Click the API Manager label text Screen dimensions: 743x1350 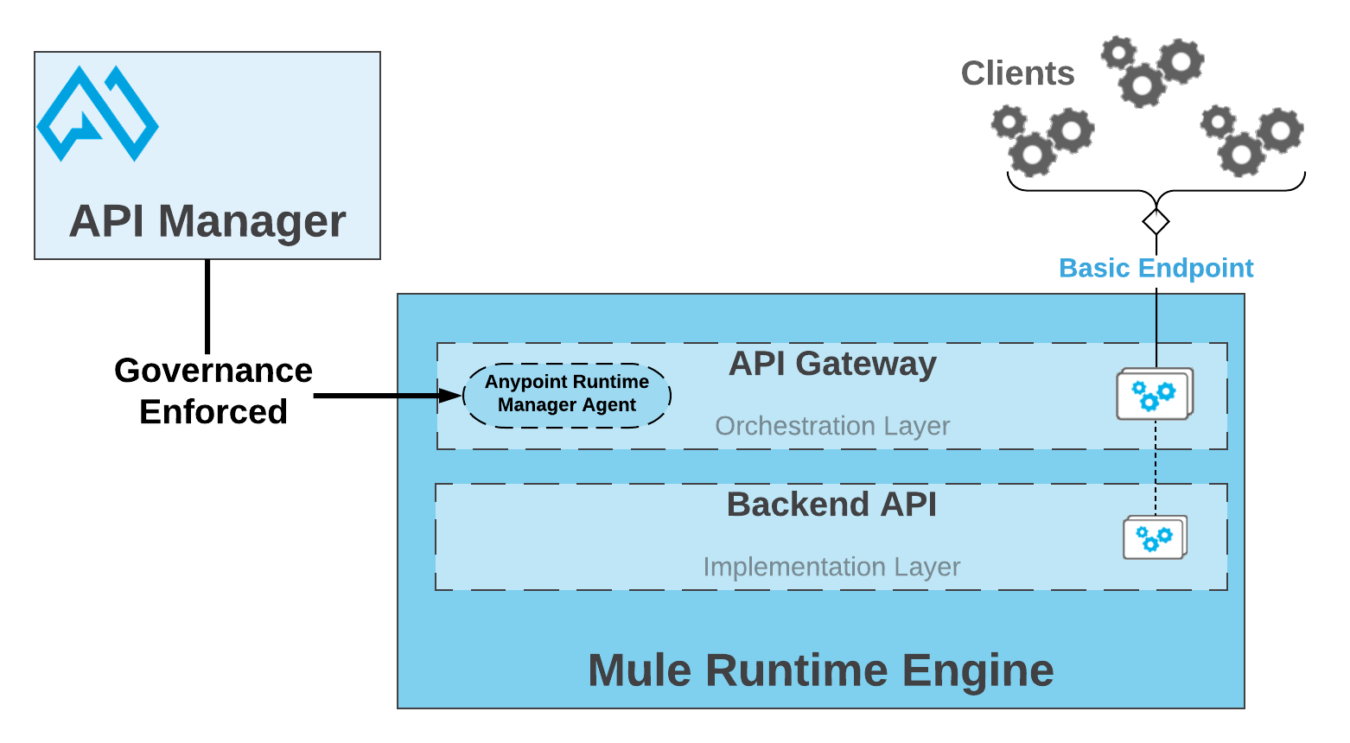tap(207, 221)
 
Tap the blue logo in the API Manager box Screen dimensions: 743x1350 tap(97, 114)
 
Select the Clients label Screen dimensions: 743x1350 tap(1017, 74)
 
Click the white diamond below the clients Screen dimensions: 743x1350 tap(1156, 222)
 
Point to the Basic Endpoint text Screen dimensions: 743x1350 tap(1156, 269)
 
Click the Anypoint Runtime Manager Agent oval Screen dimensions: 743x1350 tap(567, 395)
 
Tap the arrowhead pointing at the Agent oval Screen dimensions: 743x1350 tap(450, 396)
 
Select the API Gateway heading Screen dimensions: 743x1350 tap(831, 364)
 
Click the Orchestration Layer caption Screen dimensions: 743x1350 tap(831, 426)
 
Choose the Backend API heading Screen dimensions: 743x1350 tap(831, 505)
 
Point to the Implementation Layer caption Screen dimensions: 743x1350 tap(831, 567)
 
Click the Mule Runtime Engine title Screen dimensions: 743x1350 tap(820, 670)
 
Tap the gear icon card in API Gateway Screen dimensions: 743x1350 tap(1154, 395)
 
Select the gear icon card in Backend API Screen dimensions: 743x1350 tap(1154, 538)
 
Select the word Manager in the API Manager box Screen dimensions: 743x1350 tap(252, 221)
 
